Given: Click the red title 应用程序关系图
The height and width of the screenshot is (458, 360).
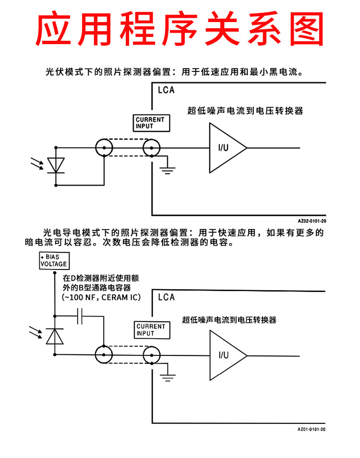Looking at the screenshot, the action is [180, 28].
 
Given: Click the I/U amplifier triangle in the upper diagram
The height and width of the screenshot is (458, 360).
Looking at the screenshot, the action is [228, 148].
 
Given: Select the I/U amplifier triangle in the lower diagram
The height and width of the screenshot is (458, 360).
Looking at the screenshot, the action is [228, 355].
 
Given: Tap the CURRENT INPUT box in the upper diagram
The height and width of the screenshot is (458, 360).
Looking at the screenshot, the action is [151, 123].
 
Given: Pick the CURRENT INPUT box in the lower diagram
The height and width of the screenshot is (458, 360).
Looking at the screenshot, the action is [152, 330].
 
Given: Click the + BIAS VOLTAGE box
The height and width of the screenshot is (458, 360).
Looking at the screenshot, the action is [54, 260].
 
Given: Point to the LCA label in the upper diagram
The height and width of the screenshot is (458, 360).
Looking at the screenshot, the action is [166, 90].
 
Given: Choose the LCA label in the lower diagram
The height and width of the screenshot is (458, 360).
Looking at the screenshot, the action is [167, 297].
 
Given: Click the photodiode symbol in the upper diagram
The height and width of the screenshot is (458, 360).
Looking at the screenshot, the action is [56, 165].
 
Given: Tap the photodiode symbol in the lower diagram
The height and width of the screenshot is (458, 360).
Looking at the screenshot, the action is [55, 336].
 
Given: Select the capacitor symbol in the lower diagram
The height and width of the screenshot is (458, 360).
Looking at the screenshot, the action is [80, 316].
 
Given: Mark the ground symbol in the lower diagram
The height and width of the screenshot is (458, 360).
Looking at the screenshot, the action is [168, 378].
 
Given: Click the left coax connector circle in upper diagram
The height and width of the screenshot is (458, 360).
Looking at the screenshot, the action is [104, 148].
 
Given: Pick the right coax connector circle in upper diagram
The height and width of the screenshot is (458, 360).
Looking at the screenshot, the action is [152, 148].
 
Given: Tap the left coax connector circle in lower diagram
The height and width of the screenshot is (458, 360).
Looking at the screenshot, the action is [104, 354].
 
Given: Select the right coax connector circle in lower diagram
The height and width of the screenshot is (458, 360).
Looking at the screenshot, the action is [152, 355].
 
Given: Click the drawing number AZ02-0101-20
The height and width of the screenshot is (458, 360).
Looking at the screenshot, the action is [312, 221].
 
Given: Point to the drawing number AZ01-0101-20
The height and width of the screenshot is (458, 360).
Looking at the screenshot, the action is [312, 429].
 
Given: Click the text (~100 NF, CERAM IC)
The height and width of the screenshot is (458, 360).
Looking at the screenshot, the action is [101, 297].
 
